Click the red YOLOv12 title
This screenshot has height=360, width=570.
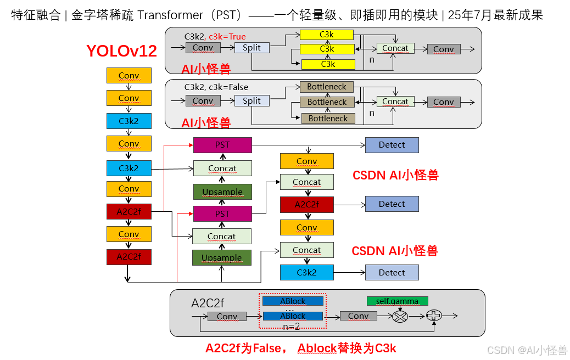pos(121,51)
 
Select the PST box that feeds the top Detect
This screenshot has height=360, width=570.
pos(222,145)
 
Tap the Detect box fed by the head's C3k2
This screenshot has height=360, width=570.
pos(392,272)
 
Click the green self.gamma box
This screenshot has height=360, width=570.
pos(397,301)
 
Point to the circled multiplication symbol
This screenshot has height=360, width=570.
pos(401,316)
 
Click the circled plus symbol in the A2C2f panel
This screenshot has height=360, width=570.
pos(434,316)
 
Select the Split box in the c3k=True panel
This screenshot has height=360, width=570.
pos(252,48)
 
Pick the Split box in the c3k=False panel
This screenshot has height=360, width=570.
pos(252,100)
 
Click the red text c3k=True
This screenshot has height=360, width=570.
pos(227,36)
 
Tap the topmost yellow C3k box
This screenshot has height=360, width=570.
pos(327,35)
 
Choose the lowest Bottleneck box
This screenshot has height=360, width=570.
pos(328,118)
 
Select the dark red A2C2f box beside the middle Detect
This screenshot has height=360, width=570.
pos(306,204)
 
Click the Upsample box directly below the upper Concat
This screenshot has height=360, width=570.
pos(222,192)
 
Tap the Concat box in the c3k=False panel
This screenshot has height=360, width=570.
pos(395,101)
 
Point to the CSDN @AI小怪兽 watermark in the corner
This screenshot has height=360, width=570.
pos(527,350)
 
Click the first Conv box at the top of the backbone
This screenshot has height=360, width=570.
pos(128,75)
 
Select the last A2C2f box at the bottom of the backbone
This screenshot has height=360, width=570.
pos(128,256)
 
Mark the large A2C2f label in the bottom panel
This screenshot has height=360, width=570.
pos(208,302)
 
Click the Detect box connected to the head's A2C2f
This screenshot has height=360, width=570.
pos(392,204)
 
